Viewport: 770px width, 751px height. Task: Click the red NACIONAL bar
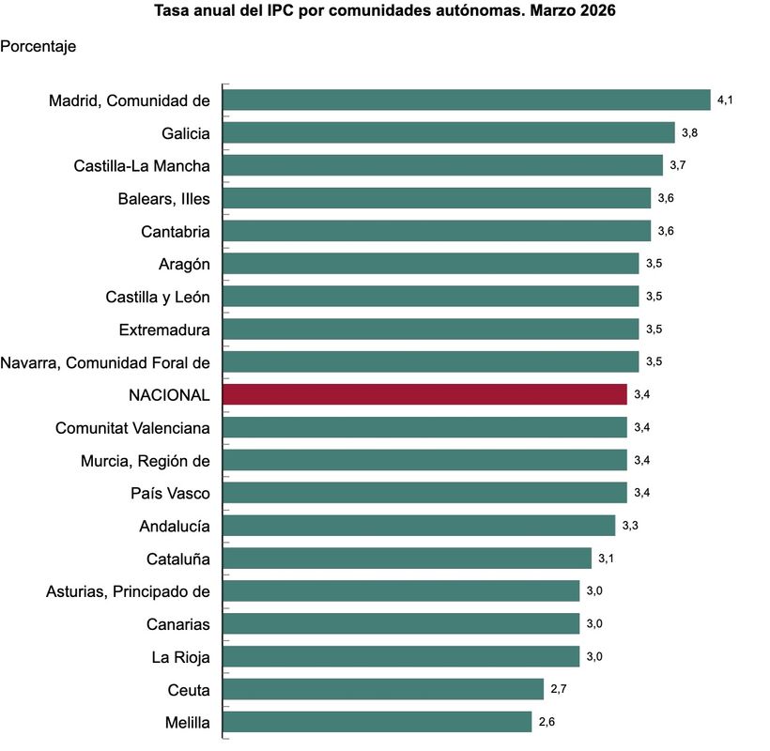click(x=424, y=394)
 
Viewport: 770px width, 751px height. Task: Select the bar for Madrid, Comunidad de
click(x=467, y=100)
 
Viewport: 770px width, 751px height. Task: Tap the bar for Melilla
click(x=377, y=722)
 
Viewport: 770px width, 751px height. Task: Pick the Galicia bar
click(x=449, y=132)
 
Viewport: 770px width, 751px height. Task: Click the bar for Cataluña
click(x=407, y=559)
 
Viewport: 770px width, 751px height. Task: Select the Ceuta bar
click(x=383, y=689)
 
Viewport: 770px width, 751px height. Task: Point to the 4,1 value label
click(x=724, y=100)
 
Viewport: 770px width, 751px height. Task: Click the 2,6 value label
click(x=547, y=722)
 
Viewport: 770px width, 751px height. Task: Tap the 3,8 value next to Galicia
click(x=689, y=132)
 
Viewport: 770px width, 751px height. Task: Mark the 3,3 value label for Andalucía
click(x=630, y=526)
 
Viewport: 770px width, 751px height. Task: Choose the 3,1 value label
click(x=607, y=559)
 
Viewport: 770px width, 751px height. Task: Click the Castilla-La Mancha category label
click(x=142, y=166)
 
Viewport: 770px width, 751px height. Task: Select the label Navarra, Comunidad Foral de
click(x=105, y=362)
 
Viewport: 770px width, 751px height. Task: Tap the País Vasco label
click(x=169, y=494)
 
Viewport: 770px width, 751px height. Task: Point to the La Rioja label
click(x=180, y=657)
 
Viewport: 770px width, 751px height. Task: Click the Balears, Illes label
click(x=163, y=199)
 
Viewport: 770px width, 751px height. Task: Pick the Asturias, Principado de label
click(x=128, y=591)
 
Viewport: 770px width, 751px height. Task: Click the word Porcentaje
click(x=38, y=45)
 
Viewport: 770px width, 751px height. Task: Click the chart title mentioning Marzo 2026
click(x=385, y=12)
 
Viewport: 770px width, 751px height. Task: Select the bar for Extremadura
click(x=431, y=330)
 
